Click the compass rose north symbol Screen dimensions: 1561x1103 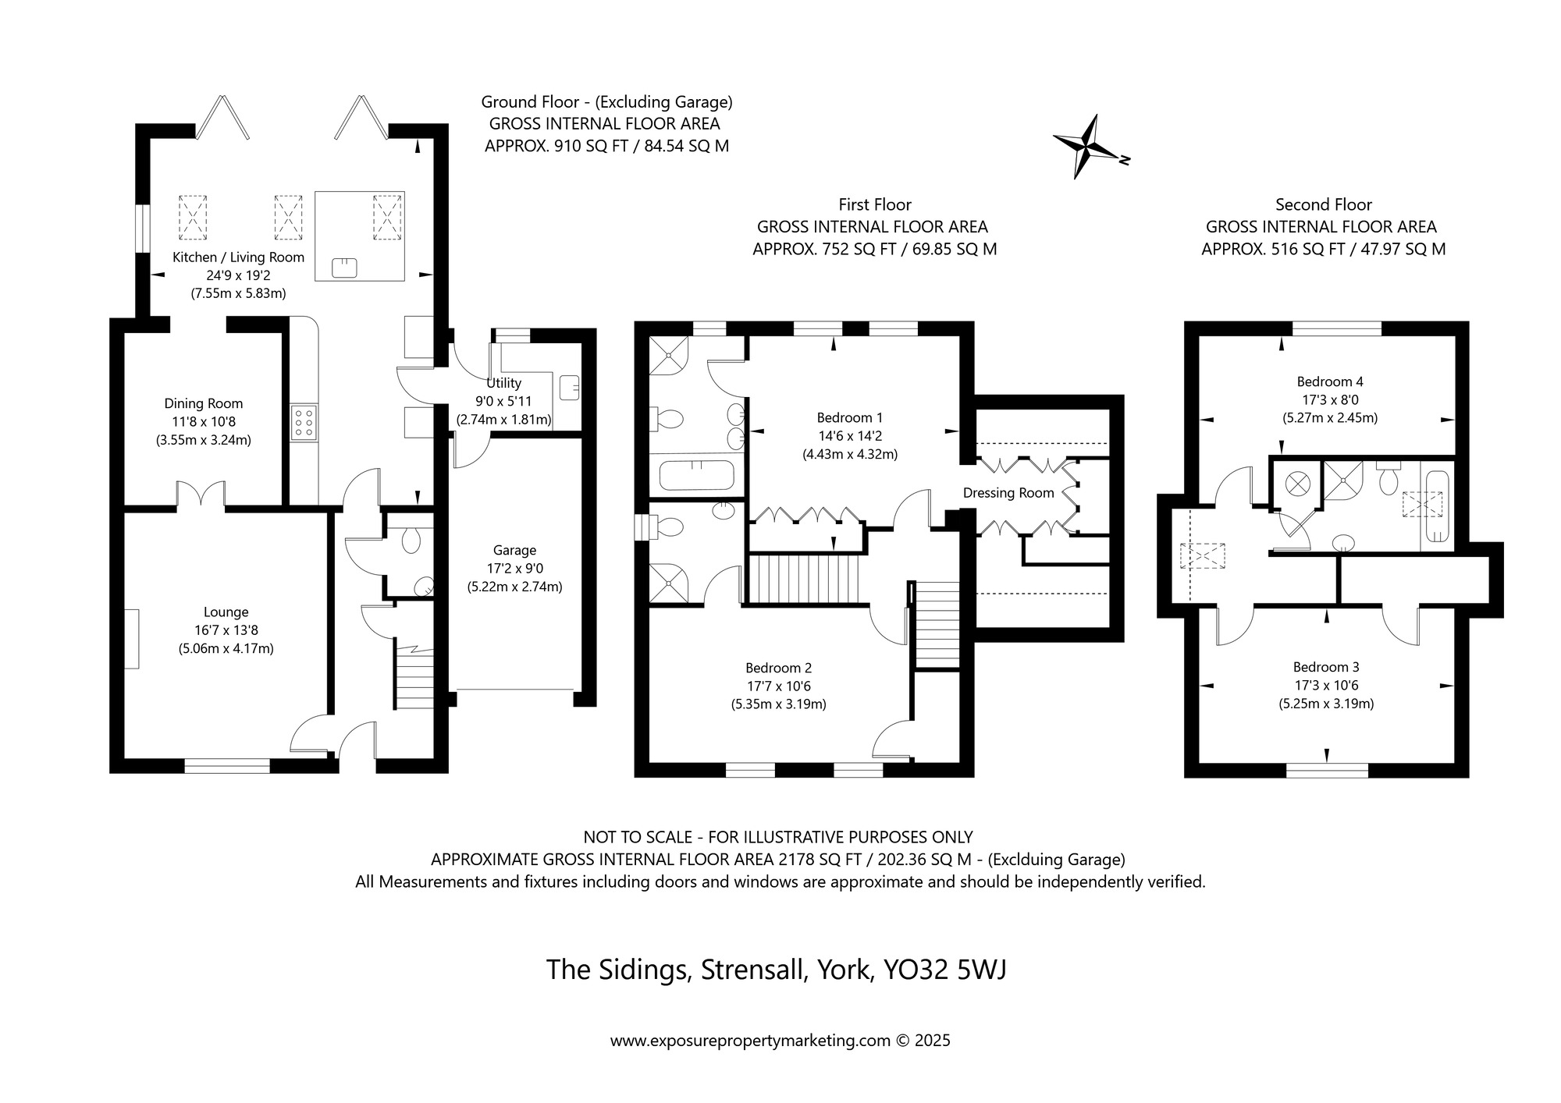[1088, 147]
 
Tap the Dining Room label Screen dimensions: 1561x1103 [203, 403]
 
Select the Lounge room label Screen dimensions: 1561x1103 [226, 612]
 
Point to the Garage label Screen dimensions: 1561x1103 [514, 550]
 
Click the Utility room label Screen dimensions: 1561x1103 [503, 383]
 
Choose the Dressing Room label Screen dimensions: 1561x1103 [1008, 493]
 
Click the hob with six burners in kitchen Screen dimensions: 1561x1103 [304, 423]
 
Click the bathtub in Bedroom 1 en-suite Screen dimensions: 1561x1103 [696, 474]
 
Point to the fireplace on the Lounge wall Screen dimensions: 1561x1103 [132, 639]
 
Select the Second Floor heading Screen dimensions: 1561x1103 [1324, 204]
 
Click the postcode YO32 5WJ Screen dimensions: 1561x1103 [944, 970]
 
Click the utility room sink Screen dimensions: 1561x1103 [570, 387]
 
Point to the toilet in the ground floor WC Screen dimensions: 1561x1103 [411, 540]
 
